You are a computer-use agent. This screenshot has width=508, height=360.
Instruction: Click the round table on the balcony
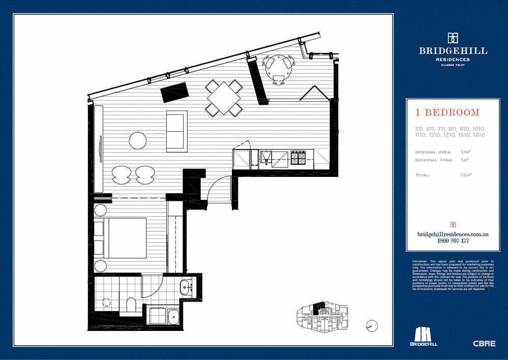point(278,64)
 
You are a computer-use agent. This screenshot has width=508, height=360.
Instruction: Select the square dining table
point(224,98)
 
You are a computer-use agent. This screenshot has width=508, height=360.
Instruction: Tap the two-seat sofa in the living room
point(176,131)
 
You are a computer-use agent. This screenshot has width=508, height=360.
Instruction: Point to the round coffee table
point(138,140)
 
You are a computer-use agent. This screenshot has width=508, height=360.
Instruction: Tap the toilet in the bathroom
point(131,306)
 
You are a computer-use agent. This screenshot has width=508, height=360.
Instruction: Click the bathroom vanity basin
point(186,287)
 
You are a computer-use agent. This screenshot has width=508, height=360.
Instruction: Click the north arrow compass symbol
point(372,325)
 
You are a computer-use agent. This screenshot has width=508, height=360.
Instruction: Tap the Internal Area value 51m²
point(465,152)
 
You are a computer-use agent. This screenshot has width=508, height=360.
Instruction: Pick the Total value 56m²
point(466,175)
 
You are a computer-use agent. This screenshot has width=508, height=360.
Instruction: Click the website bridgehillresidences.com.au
point(453,234)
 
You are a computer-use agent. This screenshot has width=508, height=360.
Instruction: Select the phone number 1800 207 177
point(453,241)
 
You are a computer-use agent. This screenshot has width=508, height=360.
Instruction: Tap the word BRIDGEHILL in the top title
point(453,51)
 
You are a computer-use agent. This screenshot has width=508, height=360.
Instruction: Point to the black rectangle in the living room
point(174,92)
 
